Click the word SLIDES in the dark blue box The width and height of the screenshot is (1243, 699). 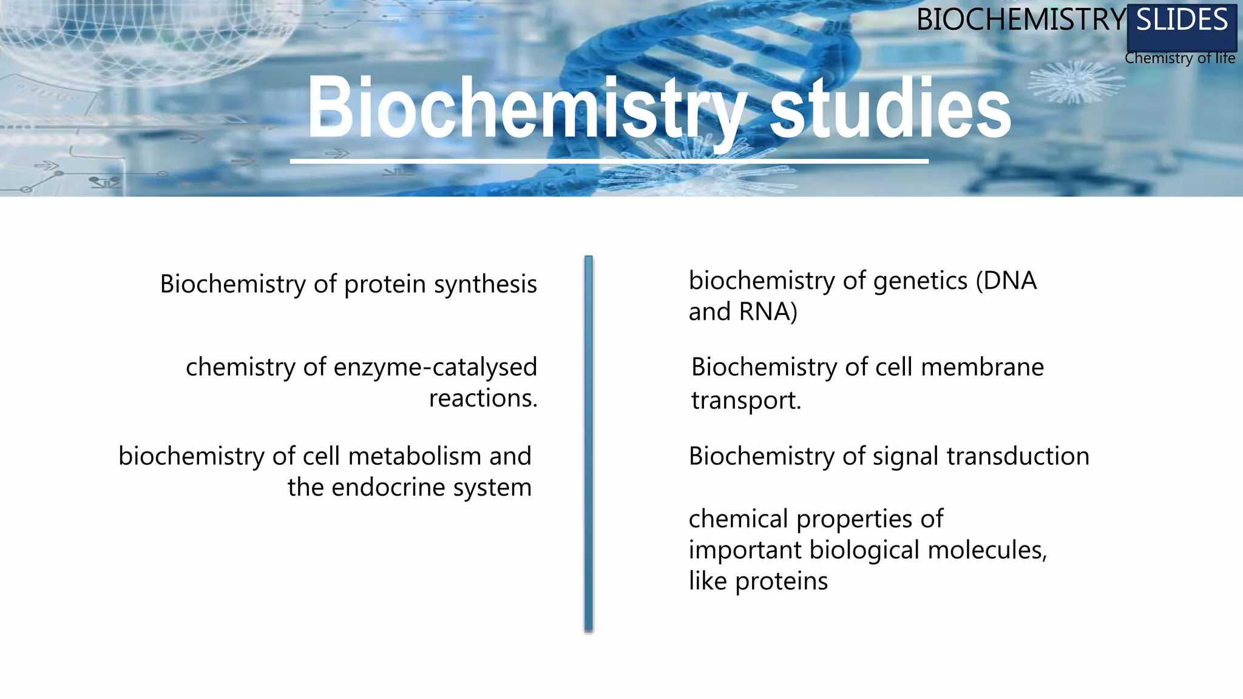coord(1182,21)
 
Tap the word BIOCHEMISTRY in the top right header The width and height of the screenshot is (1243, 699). coord(1021,21)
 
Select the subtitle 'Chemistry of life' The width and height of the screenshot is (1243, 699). coord(1179,58)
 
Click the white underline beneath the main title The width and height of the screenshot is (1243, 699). coord(609,161)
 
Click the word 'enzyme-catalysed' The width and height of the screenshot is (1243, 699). coord(435,367)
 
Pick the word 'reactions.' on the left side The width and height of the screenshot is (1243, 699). coord(483,399)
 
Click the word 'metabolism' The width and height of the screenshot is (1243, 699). coord(415,456)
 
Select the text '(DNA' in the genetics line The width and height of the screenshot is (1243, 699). coord(1006,281)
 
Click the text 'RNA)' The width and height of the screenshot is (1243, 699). coord(768,312)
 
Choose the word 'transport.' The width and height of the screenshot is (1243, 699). coord(746,400)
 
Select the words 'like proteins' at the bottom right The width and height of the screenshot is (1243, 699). coord(757,581)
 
